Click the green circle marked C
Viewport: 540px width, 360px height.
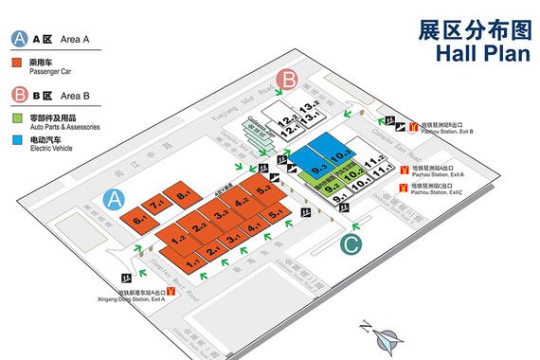point(351,244)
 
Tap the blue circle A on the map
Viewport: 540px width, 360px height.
point(115,199)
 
